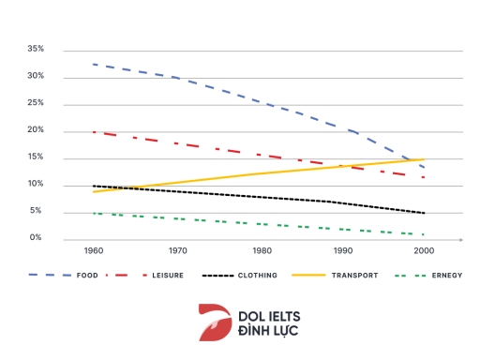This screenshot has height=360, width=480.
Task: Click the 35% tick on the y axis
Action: pyautogui.click(x=36, y=49)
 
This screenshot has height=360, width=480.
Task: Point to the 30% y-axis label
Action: pyautogui.click(x=36, y=76)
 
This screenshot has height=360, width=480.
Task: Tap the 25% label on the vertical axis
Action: pyautogui.click(x=36, y=103)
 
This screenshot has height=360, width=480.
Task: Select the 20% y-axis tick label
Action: pyautogui.click(x=36, y=130)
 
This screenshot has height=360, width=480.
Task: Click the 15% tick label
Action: pyautogui.click(x=36, y=157)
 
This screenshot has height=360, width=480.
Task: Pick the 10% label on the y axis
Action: pyautogui.click(x=36, y=185)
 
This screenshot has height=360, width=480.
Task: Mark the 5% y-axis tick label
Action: pyautogui.click(x=37, y=212)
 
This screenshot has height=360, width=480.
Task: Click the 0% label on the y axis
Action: pyautogui.click(x=37, y=238)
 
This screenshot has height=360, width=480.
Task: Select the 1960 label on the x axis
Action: pyautogui.click(x=95, y=252)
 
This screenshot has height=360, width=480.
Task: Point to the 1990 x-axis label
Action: pyautogui.click(x=343, y=252)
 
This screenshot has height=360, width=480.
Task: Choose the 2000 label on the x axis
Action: pyautogui.click(x=426, y=252)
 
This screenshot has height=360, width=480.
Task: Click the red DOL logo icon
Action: pyautogui.click(x=215, y=322)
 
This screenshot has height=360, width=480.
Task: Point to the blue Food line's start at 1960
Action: pyautogui.click(x=95, y=65)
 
